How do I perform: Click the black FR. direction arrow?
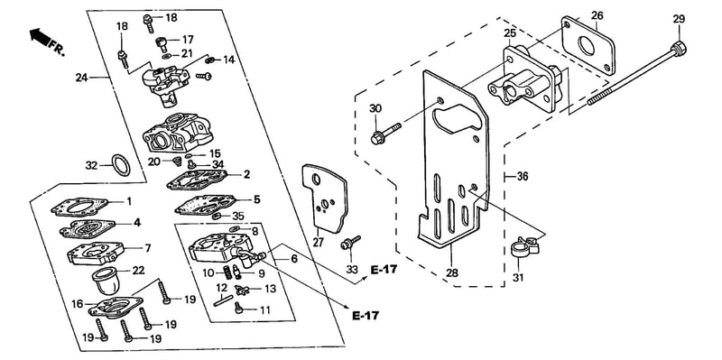[x=40, y=36]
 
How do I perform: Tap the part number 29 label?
[x=679, y=19]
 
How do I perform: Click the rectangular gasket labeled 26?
[x=588, y=46]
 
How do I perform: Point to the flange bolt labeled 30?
[x=386, y=131]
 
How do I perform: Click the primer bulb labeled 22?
[x=106, y=280]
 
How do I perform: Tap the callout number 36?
[x=523, y=176]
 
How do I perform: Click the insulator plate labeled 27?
[x=325, y=198]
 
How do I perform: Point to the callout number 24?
[x=82, y=78]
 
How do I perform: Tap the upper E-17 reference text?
[x=384, y=270]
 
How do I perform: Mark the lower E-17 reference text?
[x=366, y=316]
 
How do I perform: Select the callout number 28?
[x=452, y=272]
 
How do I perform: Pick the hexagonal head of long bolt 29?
[x=680, y=47]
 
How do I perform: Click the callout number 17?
[x=188, y=40]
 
